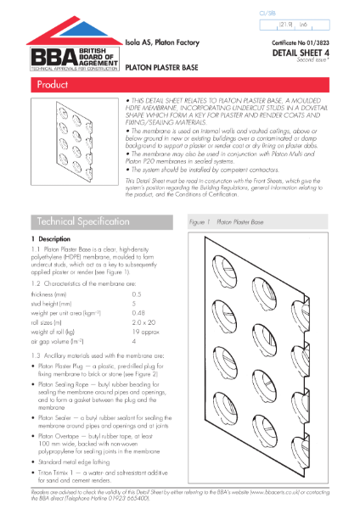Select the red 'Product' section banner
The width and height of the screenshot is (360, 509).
coord(179,87)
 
